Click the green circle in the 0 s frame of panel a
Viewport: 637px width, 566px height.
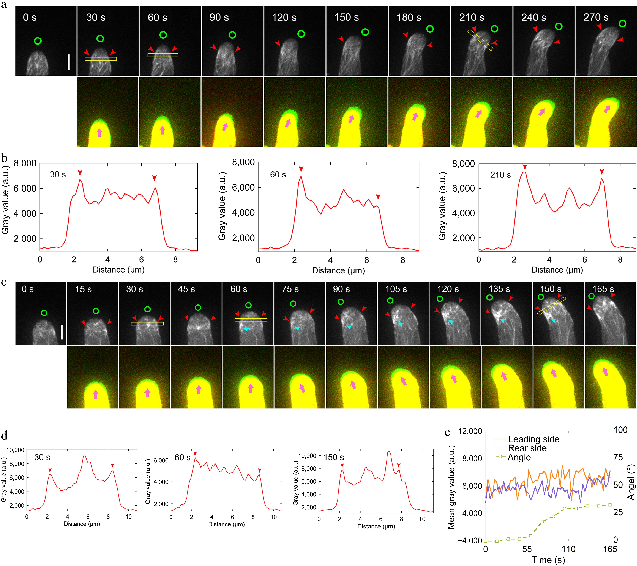pyautogui.click(x=38, y=41)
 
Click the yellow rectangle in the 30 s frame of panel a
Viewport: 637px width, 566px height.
pyautogui.click(x=101, y=59)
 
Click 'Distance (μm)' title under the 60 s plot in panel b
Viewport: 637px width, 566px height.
pyautogui.click(x=338, y=270)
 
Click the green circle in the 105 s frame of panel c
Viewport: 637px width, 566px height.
pyautogui.click(x=390, y=301)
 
